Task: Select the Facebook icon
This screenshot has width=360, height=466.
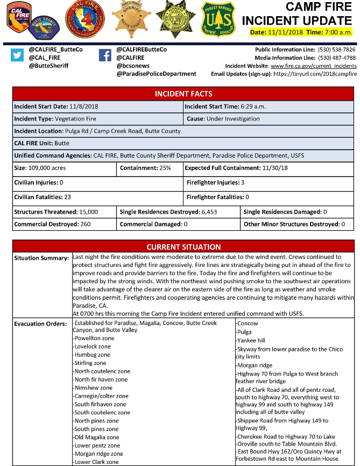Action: pyautogui.click(x=105, y=55)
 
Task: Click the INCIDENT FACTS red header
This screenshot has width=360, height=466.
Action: pyautogui.click(x=183, y=94)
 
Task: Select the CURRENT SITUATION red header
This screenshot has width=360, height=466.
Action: pyautogui.click(x=183, y=247)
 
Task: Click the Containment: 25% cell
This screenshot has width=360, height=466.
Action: pyautogui.click(x=145, y=168)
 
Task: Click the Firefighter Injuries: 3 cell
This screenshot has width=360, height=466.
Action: pyautogui.click(x=215, y=182)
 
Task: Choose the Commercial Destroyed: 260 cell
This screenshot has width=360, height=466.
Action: pyautogui.click(x=52, y=224)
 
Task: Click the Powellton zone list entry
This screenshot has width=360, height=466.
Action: pyautogui.click(x=95, y=338)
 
